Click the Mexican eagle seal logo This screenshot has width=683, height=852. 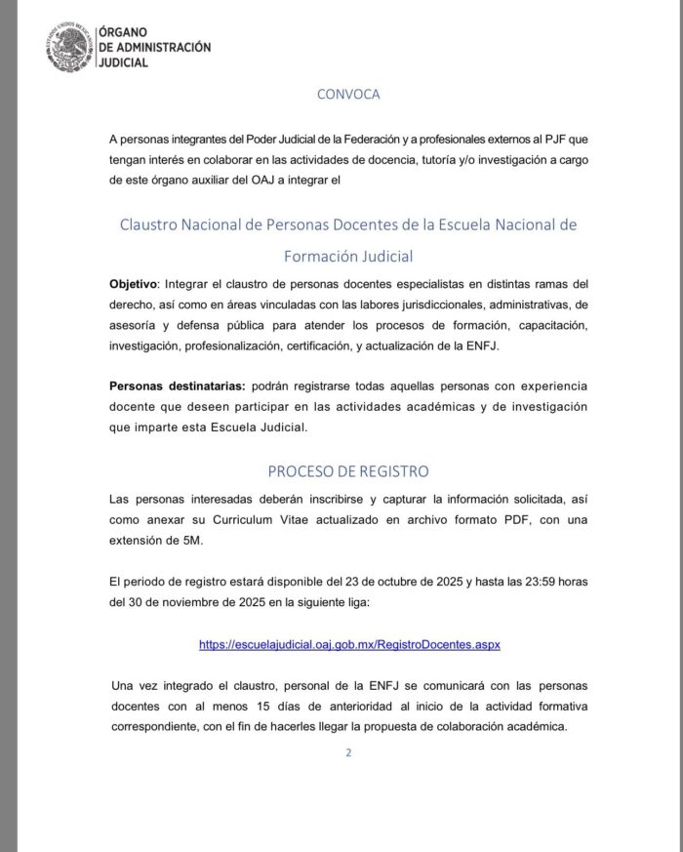coord(69,46)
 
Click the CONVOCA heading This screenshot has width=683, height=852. coord(348,95)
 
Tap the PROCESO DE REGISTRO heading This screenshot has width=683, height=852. coord(348,470)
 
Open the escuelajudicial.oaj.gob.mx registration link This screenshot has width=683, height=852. coord(349,645)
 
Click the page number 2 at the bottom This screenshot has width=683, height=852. coord(348,752)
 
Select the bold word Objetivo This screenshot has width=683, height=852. coord(132,284)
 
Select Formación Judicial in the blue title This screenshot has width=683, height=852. coord(348,257)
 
